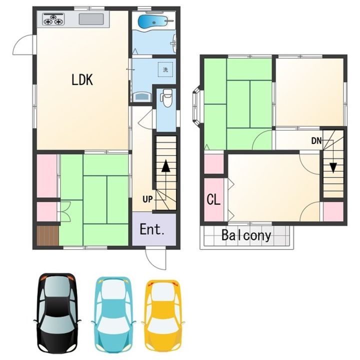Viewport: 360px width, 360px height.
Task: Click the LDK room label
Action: coord(82,79)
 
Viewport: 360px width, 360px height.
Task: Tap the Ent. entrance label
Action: coord(152,229)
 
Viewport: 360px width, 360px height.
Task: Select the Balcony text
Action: coord(246,235)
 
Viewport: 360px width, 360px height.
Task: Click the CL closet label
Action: coord(213,199)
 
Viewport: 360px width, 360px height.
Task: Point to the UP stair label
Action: coord(147,199)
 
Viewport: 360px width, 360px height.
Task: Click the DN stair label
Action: coord(316,140)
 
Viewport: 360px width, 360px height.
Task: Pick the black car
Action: coord(57,313)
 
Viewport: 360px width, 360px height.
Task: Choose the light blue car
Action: coord(113,314)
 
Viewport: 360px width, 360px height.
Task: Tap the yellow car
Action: coord(163,315)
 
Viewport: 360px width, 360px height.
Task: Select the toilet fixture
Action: coord(167,98)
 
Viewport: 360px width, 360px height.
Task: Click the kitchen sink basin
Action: coord(91,19)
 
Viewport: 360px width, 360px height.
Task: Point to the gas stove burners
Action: coord(53,19)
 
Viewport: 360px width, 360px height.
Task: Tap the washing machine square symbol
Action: coord(165,69)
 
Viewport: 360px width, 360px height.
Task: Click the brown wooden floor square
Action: coord(48,236)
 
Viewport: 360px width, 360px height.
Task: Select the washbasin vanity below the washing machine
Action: coord(142,96)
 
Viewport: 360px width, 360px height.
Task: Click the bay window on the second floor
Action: coord(197,106)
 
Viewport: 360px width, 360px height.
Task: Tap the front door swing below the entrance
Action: coord(155,259)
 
